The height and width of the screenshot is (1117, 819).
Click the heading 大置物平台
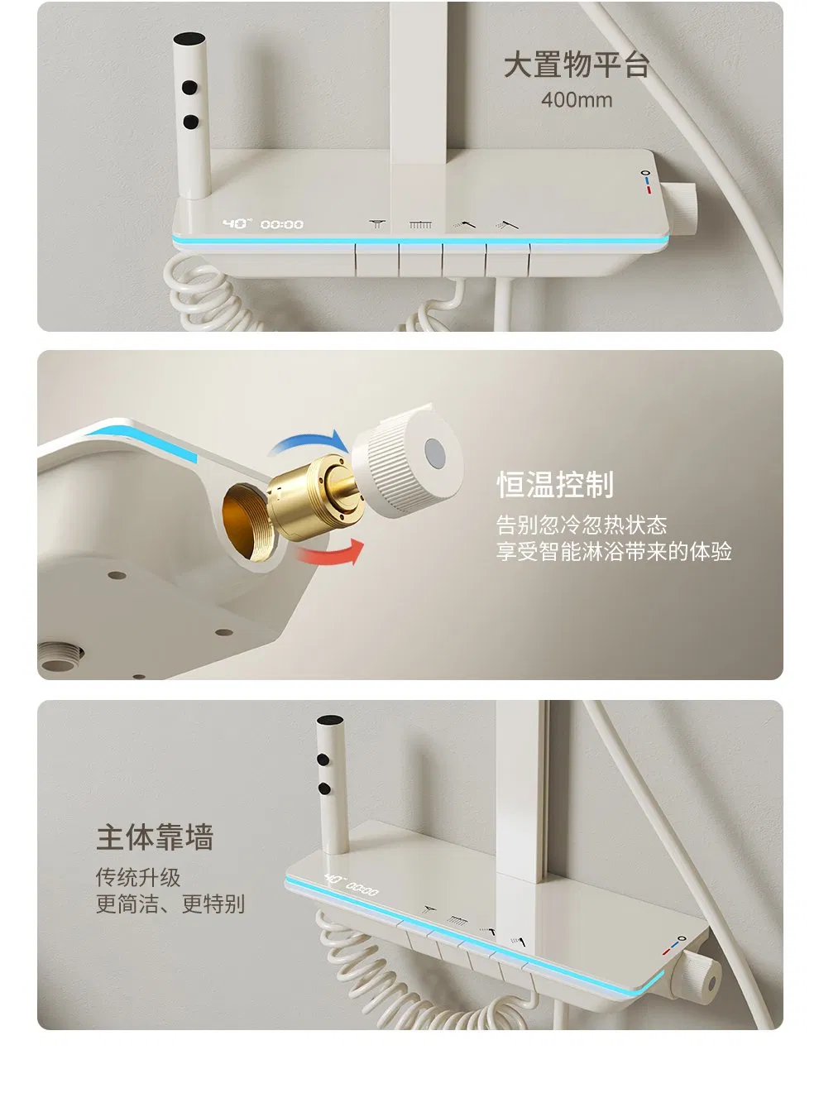(576, 65)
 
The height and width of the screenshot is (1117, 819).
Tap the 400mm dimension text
(577, 100)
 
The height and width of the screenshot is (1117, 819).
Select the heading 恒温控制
(555, 484)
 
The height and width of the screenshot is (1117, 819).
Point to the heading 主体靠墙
(155, 837)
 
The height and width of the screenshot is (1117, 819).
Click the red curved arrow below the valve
(330, 552)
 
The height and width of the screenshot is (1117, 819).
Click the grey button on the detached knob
(434, 453)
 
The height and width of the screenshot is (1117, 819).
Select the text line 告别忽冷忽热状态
(582, 525)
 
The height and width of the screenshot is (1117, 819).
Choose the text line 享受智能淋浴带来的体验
(614, 552)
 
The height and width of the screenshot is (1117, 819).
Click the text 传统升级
(138, 878)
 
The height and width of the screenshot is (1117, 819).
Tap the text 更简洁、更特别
(170, 904)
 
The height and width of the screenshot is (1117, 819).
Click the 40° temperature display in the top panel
(237, 223)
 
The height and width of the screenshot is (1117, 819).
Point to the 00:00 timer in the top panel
(281, 225)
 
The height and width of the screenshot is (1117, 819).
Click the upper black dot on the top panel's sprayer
(189, 87)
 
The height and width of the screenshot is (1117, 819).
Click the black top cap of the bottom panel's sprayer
(329, 720)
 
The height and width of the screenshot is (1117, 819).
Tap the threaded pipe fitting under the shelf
(60, 658)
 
